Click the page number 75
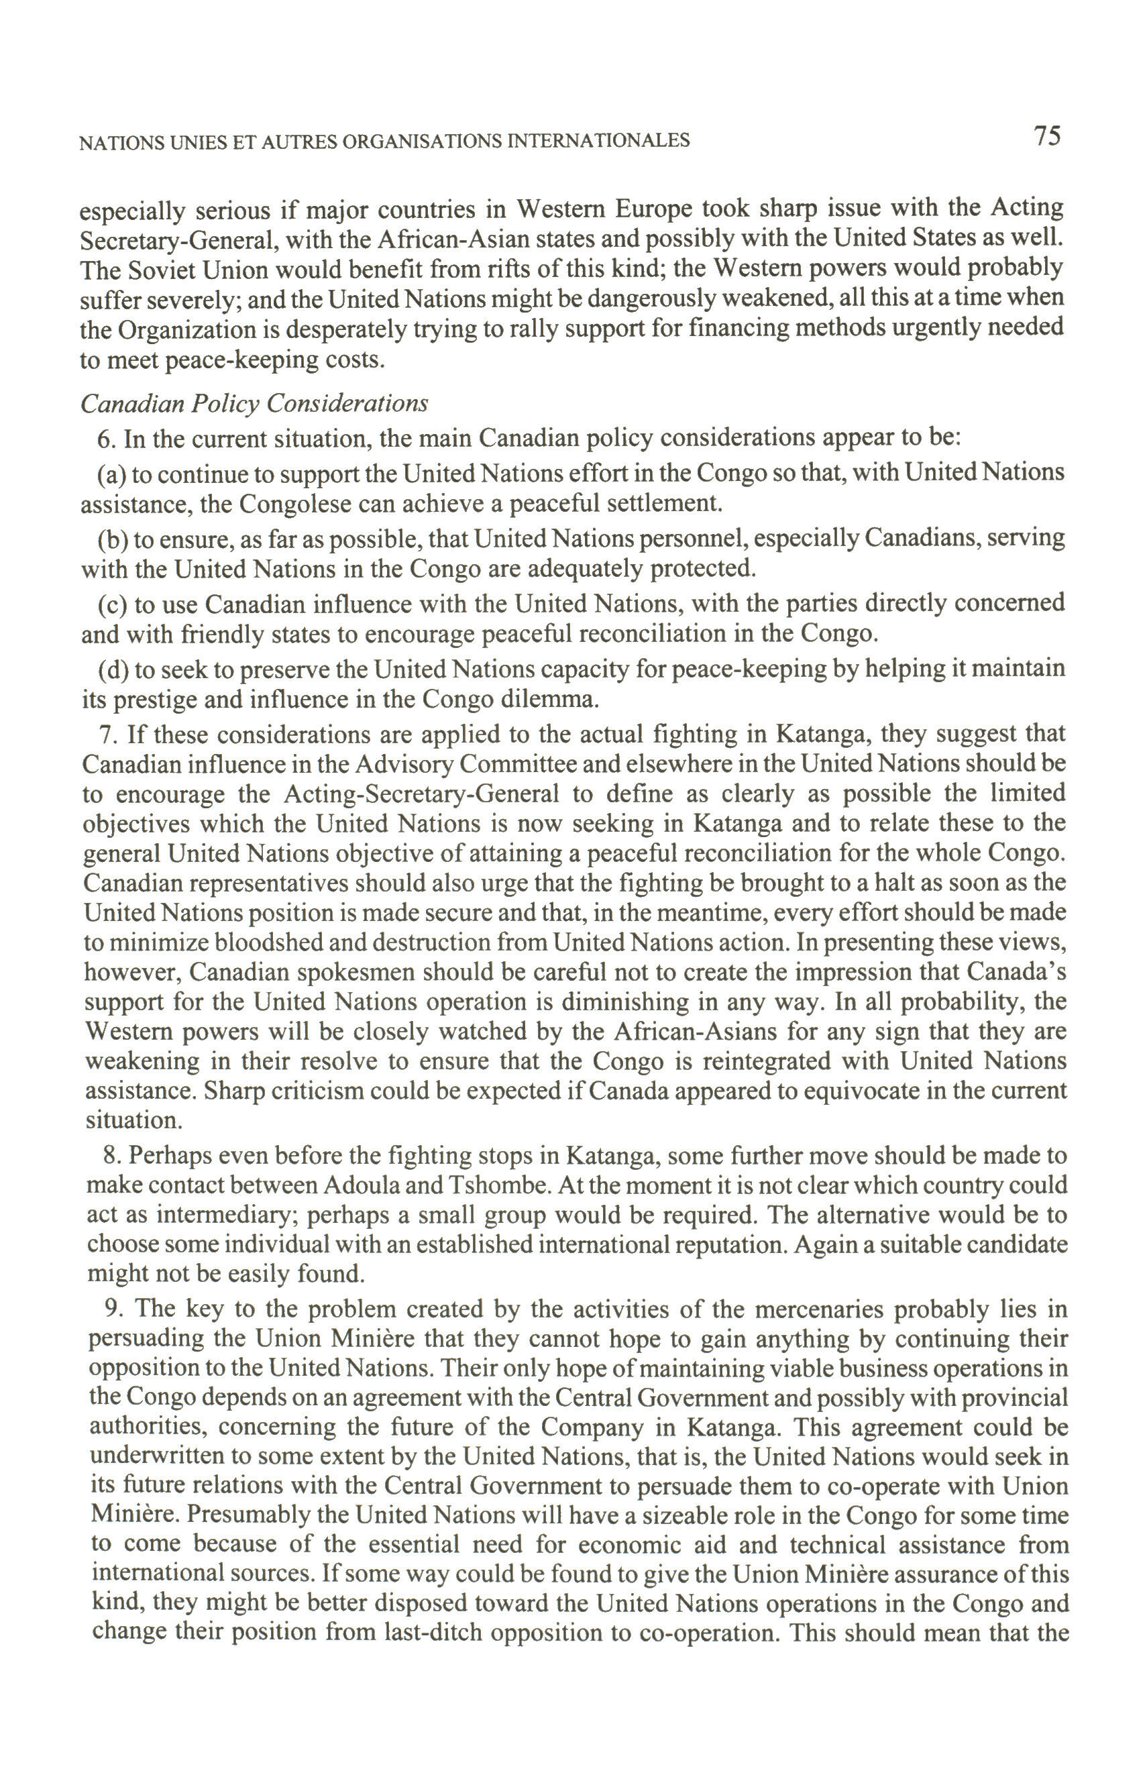click(x=1046, y=136)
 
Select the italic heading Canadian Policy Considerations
click(x=254, y=404)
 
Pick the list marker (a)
click(x=113, y=474)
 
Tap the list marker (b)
click(x=113, y=539)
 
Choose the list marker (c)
click(x=113, y=603)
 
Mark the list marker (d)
click(x=113, y=669)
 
